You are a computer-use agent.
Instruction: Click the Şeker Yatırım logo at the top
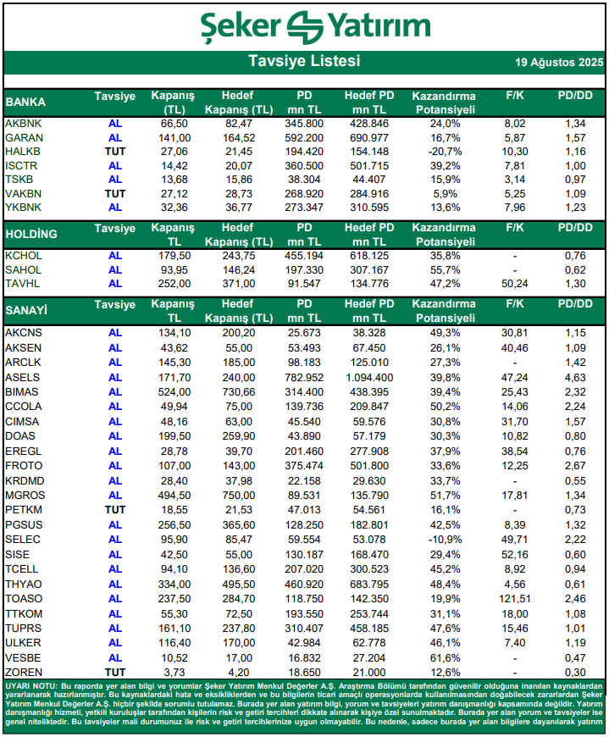click(x=304, y=26)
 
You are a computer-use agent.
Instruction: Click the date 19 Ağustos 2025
click(x=559, y=63)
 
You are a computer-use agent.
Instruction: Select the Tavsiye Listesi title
click(x=304, y=62)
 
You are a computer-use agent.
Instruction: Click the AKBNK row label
click(x=23, y=124)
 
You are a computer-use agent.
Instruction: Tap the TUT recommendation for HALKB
click(x=115, y=152)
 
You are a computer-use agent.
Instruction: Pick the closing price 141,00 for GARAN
click(x=173, y=137)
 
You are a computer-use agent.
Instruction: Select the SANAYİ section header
click(x=26, y=311)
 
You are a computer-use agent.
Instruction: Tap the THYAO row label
click(x=23, y=585)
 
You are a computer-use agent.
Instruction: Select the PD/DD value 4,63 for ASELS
click(x=575, y=376)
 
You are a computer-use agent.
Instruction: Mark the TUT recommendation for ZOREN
click(x=115, y=672)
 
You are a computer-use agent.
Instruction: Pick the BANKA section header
click(x=25, y=102)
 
